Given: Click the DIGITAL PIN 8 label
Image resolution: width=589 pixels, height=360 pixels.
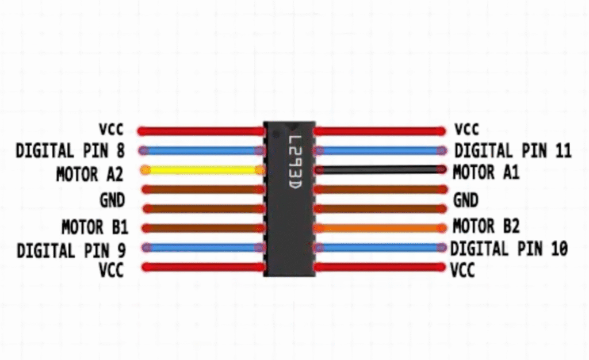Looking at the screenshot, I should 70,151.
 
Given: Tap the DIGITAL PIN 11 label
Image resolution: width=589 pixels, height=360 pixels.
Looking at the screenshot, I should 512,151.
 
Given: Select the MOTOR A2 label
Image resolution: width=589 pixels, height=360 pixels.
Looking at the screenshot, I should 90,174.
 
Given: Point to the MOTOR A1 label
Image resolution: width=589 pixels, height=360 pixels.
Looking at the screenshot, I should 486,172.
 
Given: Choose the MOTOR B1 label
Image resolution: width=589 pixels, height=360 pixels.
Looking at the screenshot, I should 95,228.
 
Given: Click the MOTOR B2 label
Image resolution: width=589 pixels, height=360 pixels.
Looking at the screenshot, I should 486,226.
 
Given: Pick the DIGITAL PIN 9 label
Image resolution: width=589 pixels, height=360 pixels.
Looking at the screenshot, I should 71,251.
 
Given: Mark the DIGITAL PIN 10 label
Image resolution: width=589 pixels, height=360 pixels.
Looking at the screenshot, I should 509,249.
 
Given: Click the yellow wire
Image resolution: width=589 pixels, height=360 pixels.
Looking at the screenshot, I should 201,170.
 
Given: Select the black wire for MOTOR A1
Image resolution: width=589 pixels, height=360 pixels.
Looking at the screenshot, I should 380,170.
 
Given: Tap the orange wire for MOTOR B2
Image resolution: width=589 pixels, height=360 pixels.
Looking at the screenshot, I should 380,228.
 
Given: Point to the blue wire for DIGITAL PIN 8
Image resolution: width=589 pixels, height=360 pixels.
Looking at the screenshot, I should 201,151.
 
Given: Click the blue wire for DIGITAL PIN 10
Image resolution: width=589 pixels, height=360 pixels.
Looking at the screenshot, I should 380,247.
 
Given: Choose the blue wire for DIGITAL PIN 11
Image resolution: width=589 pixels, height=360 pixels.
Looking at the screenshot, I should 380,151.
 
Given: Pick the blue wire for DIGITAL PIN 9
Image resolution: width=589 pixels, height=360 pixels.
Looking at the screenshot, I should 201,247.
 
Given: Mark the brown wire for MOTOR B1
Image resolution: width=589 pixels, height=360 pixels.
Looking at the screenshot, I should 201,228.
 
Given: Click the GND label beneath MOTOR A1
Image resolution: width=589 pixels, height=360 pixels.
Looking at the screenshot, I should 465,200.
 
